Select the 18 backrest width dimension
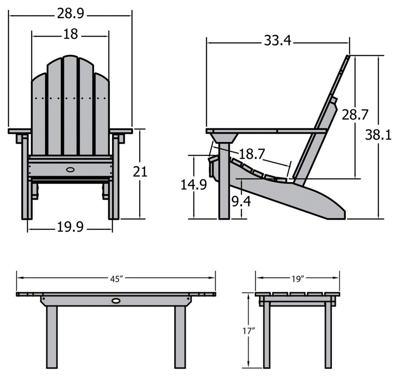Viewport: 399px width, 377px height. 70,34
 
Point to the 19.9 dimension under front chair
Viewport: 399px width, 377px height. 70,228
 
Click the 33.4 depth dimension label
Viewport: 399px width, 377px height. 278,40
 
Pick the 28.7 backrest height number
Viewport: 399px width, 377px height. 355,115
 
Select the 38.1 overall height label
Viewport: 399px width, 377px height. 378,135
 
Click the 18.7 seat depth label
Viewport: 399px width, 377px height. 252,154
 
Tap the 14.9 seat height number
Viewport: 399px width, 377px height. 194,185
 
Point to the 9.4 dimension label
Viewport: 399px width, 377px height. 241,201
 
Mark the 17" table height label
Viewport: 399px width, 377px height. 249,331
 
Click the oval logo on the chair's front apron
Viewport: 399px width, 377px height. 70,170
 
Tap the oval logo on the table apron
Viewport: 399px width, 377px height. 116,301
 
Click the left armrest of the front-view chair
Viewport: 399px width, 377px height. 19,131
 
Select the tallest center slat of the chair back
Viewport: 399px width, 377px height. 70,105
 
